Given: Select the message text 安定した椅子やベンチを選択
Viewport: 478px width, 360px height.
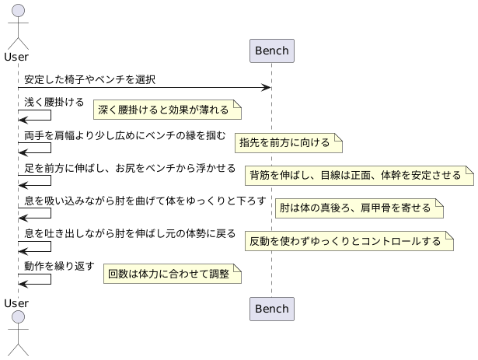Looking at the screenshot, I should point(89,79).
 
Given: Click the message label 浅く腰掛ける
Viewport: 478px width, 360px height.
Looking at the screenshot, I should point(54,102).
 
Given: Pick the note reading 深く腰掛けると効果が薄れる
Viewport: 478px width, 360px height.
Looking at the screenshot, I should point(164,110).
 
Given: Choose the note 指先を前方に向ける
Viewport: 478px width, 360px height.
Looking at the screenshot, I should point(288,142).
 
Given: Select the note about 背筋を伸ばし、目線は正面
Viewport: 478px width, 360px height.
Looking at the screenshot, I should point(359,175).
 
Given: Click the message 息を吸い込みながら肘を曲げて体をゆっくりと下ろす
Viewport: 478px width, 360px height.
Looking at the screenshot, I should point(145,201).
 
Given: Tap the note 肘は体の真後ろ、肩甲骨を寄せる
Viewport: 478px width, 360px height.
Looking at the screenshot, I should point(358,208).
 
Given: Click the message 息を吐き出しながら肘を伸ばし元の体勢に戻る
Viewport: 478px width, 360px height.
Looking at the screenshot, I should point(130,233).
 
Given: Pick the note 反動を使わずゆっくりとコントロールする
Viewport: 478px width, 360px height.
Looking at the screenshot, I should point(348,241).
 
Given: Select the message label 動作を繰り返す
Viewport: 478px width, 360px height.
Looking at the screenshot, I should point(59,266).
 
